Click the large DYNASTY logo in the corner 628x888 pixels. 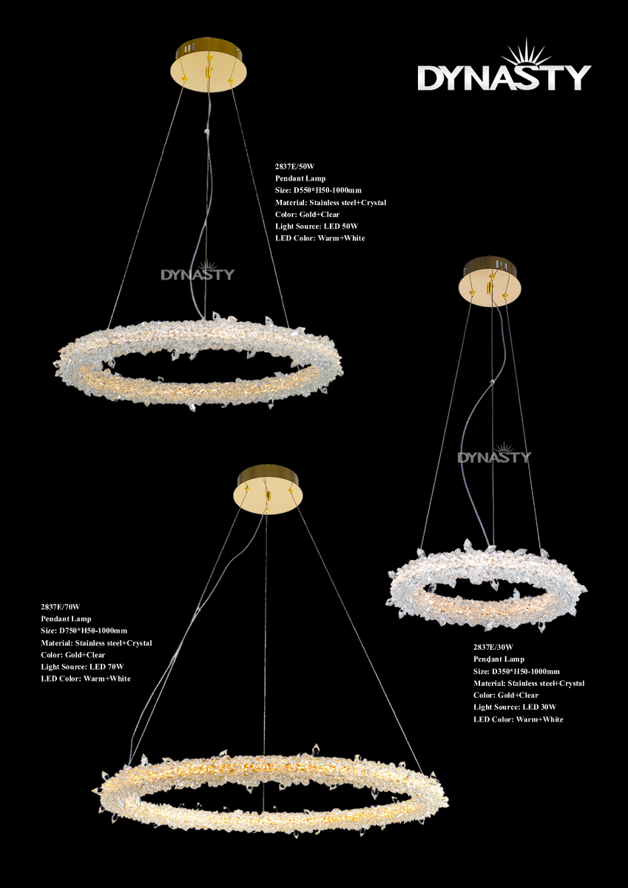coord(504,64)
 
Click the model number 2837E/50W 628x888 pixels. coord(294,166)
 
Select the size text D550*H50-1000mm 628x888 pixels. coord(327,190)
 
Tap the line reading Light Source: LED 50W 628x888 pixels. coord(317,226)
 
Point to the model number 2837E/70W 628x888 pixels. coord(60,607)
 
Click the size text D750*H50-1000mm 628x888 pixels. coord(93,630)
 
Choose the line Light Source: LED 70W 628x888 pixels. coord(82,667)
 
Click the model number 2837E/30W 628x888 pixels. coord(493,647)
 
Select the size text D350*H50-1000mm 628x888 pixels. coord(526,672)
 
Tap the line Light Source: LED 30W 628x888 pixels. coord(515,707)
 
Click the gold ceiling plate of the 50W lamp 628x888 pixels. coord(209,65)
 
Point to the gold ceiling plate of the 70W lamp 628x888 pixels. coord(268,490)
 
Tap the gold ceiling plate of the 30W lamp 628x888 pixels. coord(490,281)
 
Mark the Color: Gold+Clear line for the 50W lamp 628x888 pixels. coord(307,215)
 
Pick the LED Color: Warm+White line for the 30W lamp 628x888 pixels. coord(519,719)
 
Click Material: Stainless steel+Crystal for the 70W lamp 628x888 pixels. coord(96,643)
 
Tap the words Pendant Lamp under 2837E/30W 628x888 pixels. coord(499,659)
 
